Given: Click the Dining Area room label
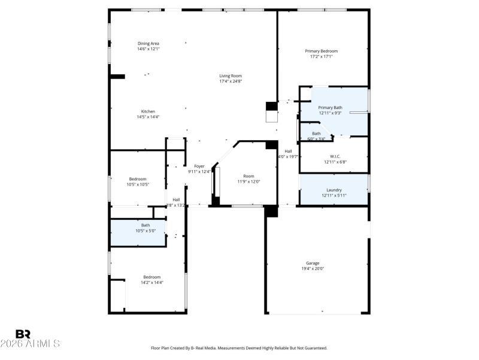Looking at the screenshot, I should [x=148, y=43].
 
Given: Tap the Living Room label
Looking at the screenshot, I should [x=231, y=75].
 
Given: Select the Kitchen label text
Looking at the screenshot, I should [x=148, y=111].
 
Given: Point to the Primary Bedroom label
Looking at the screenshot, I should [x=322, y=51].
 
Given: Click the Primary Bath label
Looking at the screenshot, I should [x=330, y=107].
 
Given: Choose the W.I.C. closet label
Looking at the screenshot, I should [x=335, y=156].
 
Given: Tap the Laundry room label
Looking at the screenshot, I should [x=334, y=190].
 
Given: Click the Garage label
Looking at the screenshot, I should [x=313, y=263].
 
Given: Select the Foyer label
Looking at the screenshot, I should [x=199, y=166].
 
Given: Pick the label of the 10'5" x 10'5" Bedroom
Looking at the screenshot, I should [x=138, y=179].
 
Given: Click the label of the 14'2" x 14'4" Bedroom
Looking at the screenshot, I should [x=151, y=277].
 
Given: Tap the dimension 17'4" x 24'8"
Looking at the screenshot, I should [x=231, y=81].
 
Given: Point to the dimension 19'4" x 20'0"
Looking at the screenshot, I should [x=313, y=269].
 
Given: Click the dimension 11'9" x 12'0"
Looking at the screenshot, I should [x=248, y=181].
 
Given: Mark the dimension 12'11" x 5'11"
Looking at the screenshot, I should [x=334, y=195].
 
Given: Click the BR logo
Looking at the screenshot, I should [x=23, y=334].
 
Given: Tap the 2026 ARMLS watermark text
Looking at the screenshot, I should [x=30, y=344].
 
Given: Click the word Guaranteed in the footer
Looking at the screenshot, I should [x=316, y=348].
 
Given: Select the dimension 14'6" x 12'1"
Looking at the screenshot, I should [x=148, y=49].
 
